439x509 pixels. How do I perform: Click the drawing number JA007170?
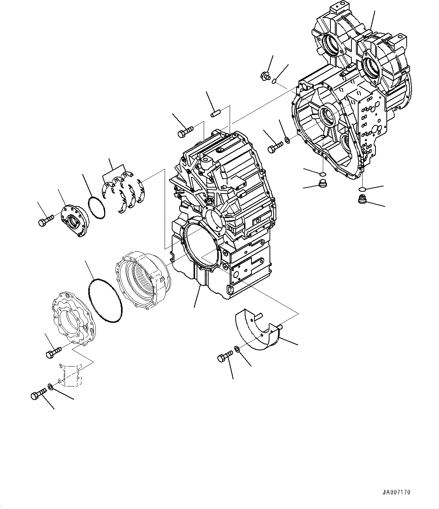tap(397, 492)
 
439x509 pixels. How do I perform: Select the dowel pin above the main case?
tap(216, 113)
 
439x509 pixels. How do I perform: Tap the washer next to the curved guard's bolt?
tap(238, 350)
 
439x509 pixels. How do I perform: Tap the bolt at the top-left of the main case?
tap(185, 132)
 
